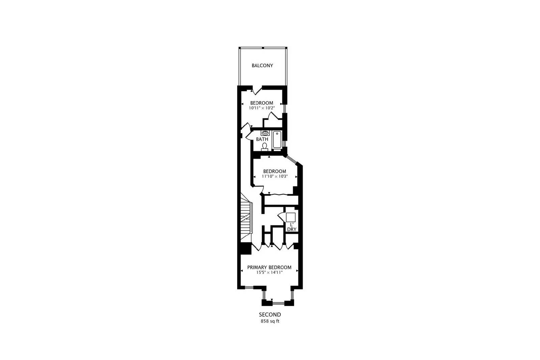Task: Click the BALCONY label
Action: [x=262, y=65]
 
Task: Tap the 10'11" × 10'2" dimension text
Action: [x=262, y=108]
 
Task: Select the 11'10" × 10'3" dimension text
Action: [x=275, y=176]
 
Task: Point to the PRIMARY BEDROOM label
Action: [x=269, y=267]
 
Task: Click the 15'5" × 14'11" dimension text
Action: [x=269, y=272]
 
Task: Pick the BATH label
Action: [x=262, y=139]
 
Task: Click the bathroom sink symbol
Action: [x=265, y=133]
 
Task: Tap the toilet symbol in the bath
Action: [x=265, y=146]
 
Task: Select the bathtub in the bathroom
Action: [x=277, y=139]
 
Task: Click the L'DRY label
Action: [x=292, y=227]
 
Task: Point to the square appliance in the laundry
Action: [x=291, y=217]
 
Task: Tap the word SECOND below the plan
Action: [x=270, y=315]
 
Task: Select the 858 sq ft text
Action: [x=270, y=321]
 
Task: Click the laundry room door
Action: [x=282, y=216]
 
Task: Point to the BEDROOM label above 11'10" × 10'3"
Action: [x=274, y=171]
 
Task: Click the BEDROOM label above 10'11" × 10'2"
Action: [x=262, y=103]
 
